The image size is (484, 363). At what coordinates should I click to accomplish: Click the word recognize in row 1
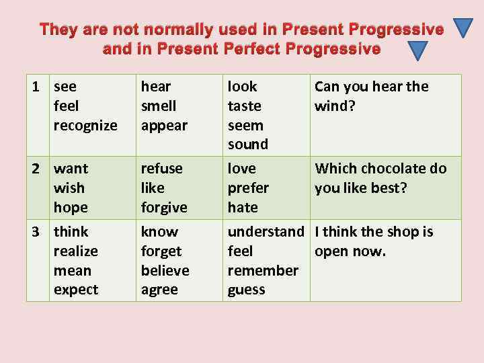point(85,126)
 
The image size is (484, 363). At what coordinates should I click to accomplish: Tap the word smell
point(159,106)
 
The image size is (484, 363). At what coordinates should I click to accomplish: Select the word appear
point(164,126)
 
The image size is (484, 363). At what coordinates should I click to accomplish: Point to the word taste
point(245,106)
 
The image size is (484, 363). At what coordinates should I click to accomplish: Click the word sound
point(248,145)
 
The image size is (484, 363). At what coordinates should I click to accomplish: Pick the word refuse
point(161,168)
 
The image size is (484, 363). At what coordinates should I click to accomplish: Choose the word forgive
point(164,208)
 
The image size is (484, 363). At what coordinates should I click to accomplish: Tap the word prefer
point(248,188)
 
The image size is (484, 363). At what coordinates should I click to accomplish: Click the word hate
point(243,208)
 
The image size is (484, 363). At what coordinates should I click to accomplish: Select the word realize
point(76,251)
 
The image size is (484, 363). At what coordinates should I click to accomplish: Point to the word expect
point(76,290)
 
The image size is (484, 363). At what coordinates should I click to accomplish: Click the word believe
point(165,270)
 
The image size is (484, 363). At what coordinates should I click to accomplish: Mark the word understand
point(266,232)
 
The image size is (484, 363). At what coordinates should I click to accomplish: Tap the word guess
point(247,290)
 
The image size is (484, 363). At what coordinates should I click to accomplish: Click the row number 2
point(38,168)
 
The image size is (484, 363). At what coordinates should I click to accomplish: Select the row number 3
point(38,232)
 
